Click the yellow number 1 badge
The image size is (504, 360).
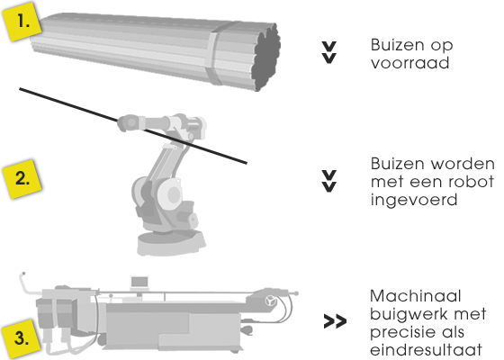point(22,22)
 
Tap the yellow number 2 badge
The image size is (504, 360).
point(22,179)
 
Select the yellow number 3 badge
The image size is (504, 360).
point(22,338)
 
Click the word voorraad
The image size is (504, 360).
point(409,63)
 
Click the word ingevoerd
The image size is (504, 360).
point(414,200)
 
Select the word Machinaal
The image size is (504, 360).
point(415,296)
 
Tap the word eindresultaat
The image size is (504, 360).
point(426,349)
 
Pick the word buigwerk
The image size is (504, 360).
point(406,314)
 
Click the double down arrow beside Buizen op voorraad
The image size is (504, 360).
point(329,52)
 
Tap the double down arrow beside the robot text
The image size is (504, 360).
point(329,181)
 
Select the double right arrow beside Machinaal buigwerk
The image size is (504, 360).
point(335,321)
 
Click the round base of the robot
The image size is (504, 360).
point(171,243)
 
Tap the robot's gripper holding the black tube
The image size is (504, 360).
point(129,122)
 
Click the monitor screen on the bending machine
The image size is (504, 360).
point(139,283)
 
